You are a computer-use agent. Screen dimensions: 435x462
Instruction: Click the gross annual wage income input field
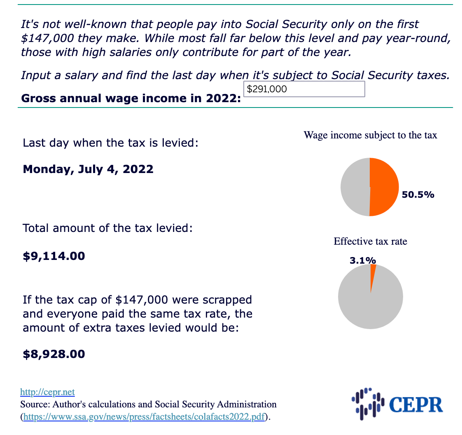(x=304, y=89)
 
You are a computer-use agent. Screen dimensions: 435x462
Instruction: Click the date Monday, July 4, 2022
(x=88, y=169)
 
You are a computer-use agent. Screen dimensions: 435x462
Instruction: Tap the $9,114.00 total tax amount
(x=54, y=256)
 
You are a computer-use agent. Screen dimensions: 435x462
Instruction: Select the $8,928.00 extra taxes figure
(x=54, y=354)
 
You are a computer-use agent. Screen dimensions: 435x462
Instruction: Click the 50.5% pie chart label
(x=418, y=195)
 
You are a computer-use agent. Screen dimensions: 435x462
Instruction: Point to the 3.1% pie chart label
(x=362, y=260)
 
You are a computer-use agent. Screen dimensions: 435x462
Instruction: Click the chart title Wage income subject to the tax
(x=370, y=135)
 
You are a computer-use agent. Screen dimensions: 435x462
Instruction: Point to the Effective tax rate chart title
(x=370, y=241)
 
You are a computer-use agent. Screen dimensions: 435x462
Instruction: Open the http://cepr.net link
(x=47, y=392)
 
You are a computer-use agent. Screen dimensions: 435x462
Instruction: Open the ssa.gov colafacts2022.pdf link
(x=144, y=416)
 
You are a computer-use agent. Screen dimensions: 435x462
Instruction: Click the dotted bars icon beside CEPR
(x=368, y=404)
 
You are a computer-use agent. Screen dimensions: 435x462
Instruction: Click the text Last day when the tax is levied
(x=111, y=143)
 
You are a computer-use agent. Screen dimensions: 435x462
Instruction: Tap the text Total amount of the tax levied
(x=108, y=228)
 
